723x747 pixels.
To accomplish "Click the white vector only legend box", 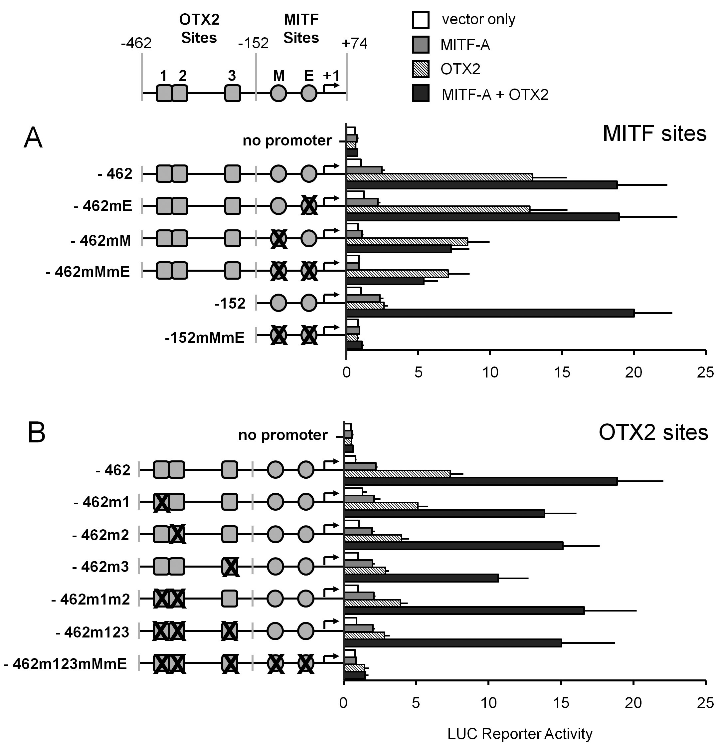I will (421, 20).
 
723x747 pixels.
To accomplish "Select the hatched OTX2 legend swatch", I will (421, 69).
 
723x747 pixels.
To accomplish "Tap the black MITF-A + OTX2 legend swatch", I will (421, 93).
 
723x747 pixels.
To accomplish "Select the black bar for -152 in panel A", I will (490, 313).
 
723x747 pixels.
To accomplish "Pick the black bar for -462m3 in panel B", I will (421, 578).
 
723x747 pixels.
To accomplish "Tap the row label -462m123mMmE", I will (65, 663).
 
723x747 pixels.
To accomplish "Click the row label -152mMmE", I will (205, 337).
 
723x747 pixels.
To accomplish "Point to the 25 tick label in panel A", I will (705, 373).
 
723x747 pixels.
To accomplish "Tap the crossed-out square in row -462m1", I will (161, 502).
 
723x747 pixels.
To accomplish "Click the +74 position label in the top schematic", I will (354, 44).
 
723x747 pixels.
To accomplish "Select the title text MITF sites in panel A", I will (654, 134).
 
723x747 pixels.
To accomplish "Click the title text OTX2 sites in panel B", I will (653, 432).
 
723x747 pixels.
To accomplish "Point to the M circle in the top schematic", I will (278, 93).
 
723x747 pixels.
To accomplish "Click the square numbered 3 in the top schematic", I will (232, 93).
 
